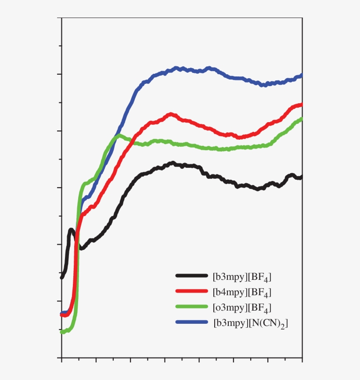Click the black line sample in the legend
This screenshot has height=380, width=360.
tap(191, 276)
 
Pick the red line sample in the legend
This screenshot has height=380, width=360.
tap(191, 291)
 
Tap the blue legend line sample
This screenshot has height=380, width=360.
tap(191, 322)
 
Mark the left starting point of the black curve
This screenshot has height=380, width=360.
tap(62, 277)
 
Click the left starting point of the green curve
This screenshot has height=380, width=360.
tap(62, 332)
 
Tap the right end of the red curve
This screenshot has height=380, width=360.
tap(302, 105)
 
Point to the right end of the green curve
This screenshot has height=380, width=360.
tap(302, 119)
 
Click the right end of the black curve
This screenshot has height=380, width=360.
tap(302, 177)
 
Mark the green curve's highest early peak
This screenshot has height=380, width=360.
tap(118, 136)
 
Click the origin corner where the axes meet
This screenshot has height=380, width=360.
tap(61, 358)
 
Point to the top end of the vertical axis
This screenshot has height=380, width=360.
tap(61, 18)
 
